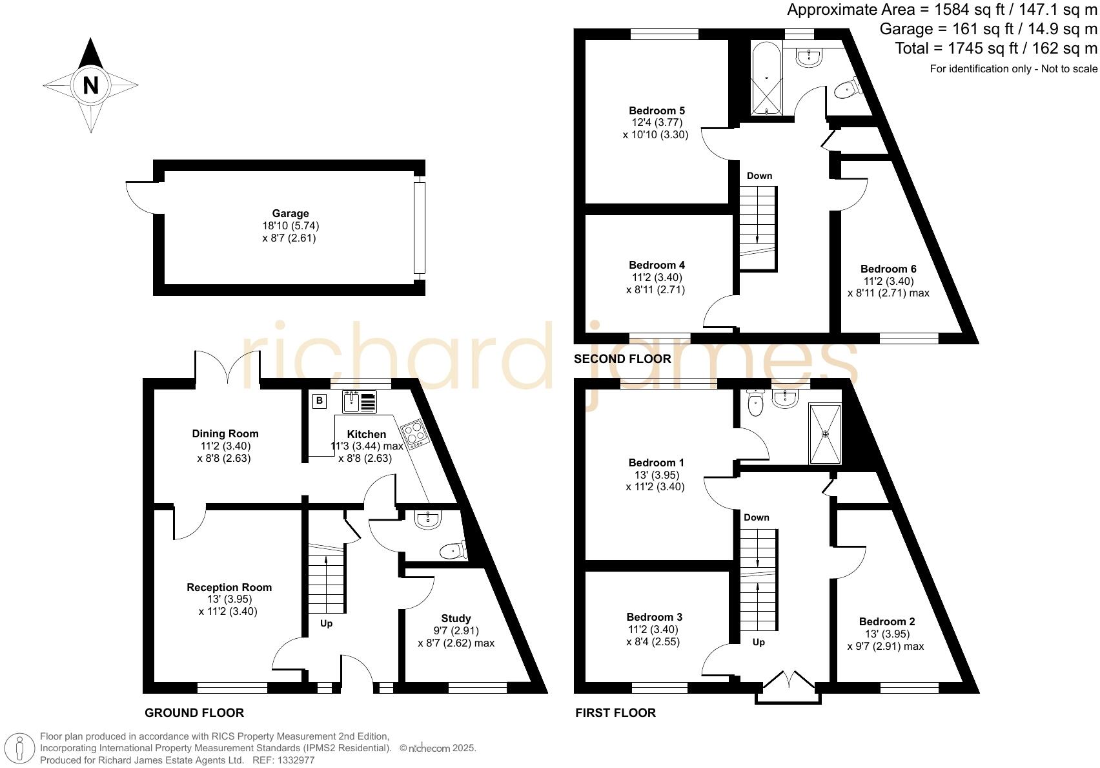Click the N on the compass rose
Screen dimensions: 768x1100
90,85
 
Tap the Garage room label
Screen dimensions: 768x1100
290,213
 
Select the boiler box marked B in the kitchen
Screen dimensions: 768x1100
319,401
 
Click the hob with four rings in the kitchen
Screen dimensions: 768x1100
414,433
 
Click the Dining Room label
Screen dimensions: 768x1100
225,433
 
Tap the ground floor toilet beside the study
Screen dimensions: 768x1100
453,550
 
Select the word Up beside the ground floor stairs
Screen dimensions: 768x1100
327,623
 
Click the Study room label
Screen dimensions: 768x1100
456,618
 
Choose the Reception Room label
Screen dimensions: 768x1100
229,587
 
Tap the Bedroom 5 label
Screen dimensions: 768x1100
657,110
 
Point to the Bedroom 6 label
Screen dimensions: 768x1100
888,269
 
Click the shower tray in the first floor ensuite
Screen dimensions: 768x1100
825,433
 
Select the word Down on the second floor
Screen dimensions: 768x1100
759,176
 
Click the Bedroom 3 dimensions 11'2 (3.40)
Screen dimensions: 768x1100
655,629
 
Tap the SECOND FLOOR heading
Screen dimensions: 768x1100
622,358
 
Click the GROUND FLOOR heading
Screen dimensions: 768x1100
194,712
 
